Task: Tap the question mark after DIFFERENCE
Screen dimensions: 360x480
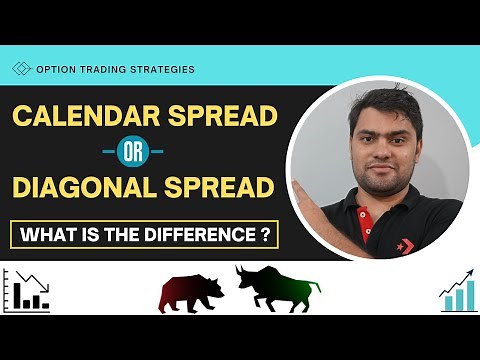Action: pos(265,236)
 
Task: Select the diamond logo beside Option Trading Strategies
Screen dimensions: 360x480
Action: pos(21,69)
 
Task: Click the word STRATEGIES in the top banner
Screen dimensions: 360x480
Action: pos(160,69)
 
